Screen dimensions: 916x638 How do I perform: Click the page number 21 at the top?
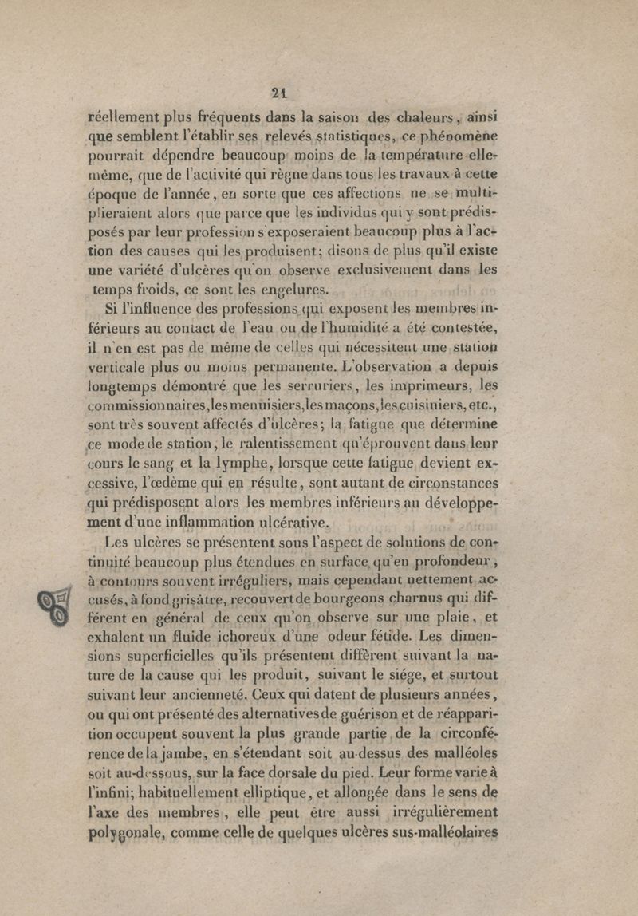(x=278, y=91)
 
